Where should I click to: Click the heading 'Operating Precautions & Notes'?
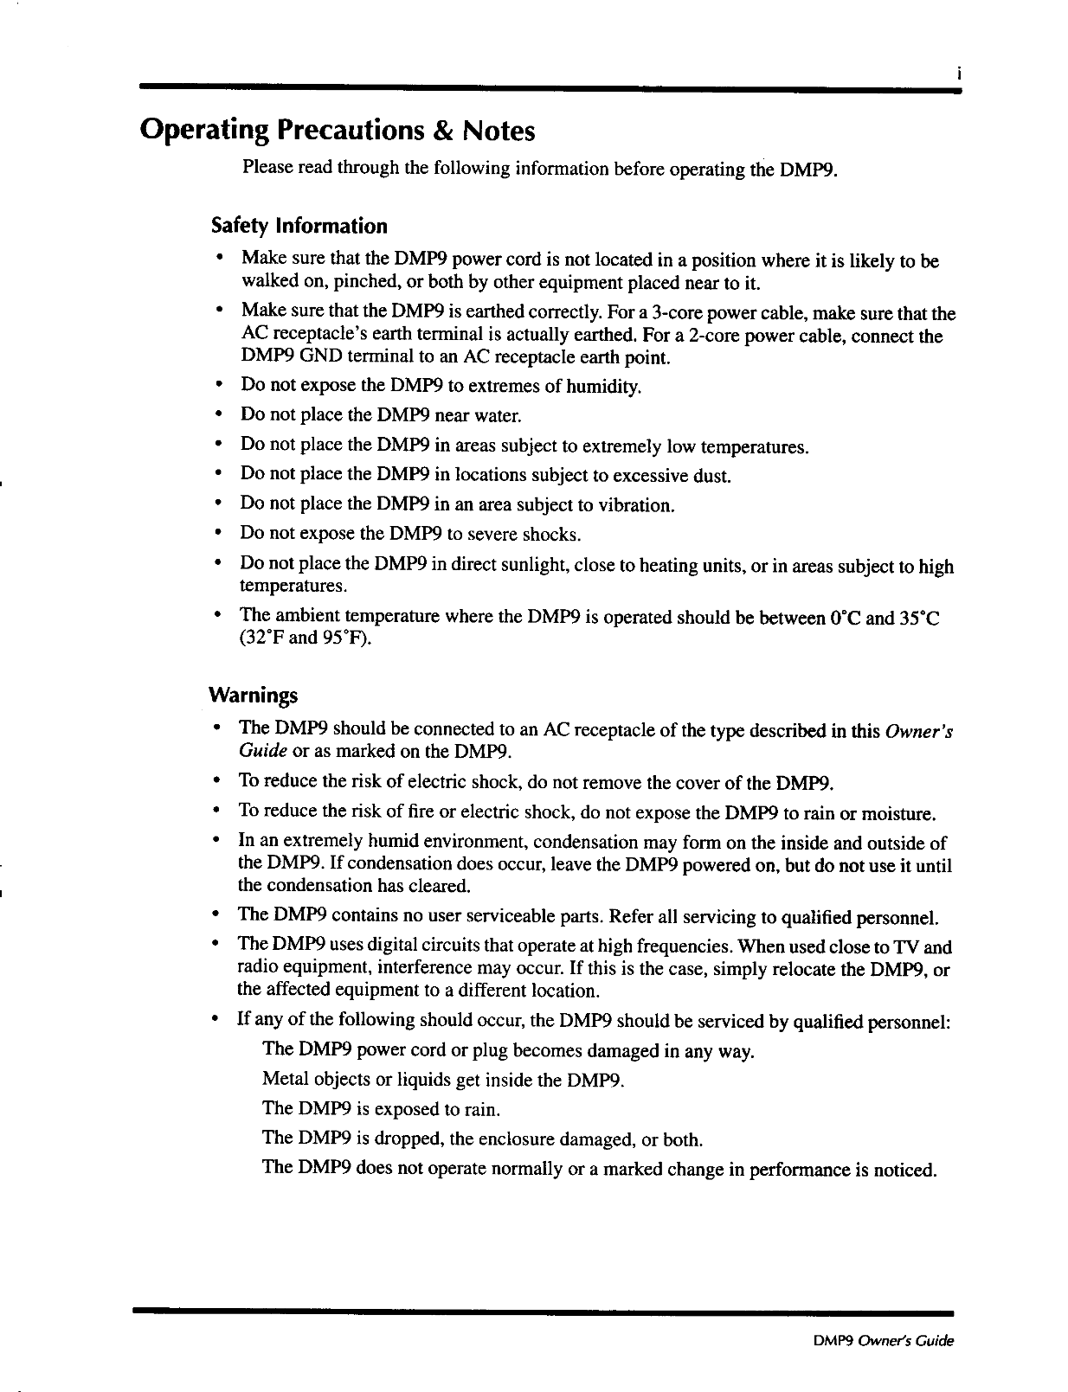(x=338, y=131)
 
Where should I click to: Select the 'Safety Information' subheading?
(x=299, y=227)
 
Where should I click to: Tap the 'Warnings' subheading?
(x=253, y=696)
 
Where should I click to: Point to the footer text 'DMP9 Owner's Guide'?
(x=883, y=1342)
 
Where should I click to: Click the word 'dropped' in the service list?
(x=411, y=1139)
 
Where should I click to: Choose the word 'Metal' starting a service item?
(x=283, y=1080)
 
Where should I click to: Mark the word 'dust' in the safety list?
(x=712, y=476)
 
